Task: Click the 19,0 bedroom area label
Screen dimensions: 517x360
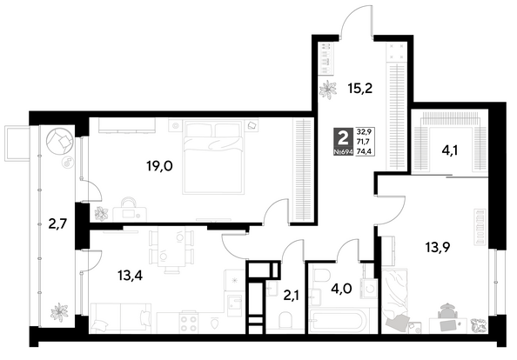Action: click(159, 166)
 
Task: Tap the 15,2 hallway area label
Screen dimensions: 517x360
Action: click(360, 89)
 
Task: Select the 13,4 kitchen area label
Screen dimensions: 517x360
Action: click(130, 276)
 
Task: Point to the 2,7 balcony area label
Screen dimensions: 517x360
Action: click(57, 224)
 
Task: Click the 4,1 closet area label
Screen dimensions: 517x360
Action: click(450, 151)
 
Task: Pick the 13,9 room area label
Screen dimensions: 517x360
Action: click(438, 247)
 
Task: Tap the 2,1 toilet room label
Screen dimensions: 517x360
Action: click(291, 296)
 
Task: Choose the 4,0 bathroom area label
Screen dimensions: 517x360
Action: click(341, 289)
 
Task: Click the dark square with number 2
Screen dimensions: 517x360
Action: click(343, 137)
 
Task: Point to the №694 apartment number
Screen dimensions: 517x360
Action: click(343, 152)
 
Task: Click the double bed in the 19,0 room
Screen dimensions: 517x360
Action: click(213, 157)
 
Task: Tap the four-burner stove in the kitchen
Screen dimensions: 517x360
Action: click(188, 322)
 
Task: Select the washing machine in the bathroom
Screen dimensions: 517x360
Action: click(369, 289)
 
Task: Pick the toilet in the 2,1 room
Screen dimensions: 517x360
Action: click(285, 320)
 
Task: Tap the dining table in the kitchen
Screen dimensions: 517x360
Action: click(171, 247)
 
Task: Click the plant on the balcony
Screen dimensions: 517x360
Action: click(59, 311)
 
